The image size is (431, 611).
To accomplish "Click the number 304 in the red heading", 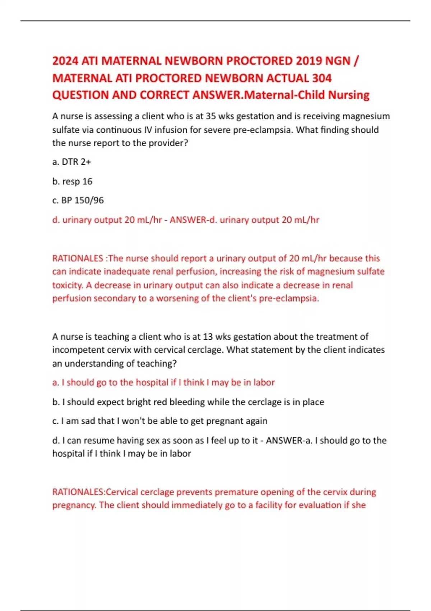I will (322, 78).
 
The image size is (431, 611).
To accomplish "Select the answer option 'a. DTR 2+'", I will (71, 162).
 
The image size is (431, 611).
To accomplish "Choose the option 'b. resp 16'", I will (72, 182).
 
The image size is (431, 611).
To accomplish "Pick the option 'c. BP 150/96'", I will (78, 201).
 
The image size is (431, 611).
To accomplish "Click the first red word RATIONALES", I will (78, 258).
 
